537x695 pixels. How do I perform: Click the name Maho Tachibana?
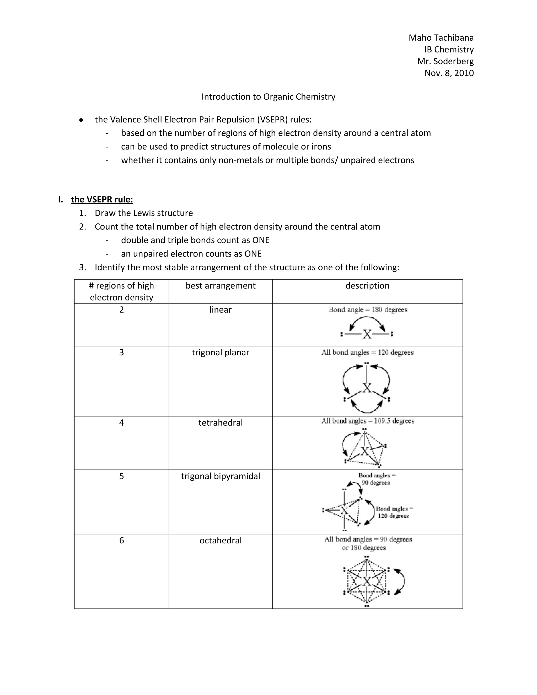point(441,38)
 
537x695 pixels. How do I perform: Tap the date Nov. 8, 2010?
point(449,73)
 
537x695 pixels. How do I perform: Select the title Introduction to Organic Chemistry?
point(268,97)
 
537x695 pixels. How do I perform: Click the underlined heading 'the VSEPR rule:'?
point(102,200)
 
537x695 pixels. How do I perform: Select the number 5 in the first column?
point(121,476)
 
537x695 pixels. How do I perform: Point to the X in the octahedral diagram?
point(367,581)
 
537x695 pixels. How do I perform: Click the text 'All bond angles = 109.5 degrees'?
point(368,421)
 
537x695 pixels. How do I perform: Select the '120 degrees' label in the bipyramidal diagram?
point(393,516)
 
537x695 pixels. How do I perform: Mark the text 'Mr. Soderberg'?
point(445,61)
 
